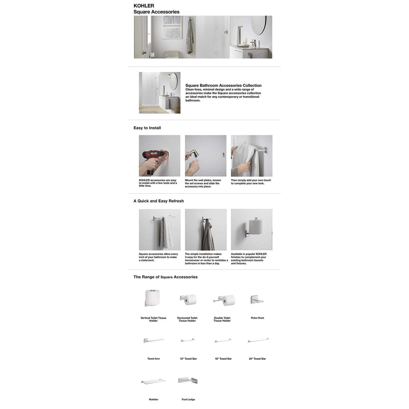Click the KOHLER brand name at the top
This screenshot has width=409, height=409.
(144, 6)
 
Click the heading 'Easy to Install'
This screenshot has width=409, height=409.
(147, 128)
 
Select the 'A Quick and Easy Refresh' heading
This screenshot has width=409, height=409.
(158, 201)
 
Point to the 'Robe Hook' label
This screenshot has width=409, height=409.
(257, 318)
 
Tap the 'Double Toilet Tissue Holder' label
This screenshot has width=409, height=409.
(222, 319)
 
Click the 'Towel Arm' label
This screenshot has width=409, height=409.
(154, 359)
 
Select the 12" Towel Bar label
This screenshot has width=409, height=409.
(188, 359)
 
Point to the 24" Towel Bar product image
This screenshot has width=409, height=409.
(258, 340)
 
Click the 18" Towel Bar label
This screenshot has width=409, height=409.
(223, 359)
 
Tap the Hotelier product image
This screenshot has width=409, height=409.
(153, 381)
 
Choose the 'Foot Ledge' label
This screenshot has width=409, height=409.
(188, 399)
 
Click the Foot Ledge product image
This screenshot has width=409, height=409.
(188, 381)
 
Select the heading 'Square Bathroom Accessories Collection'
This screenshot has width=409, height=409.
(223, 85)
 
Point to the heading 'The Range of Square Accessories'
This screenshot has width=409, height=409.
(165, 277)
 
